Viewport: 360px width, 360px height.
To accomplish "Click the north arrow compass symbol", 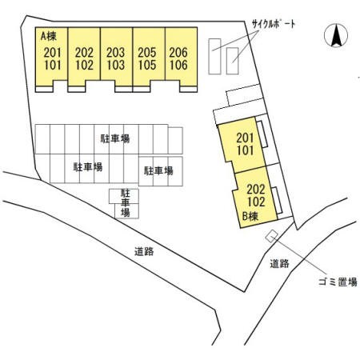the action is [336, 35].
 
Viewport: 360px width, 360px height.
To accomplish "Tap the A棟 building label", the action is [49, 36].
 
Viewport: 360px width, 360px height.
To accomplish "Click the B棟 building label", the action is [250, 216].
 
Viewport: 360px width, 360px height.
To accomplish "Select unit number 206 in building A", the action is [178, 53].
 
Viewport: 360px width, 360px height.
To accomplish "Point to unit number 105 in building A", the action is [147, 65].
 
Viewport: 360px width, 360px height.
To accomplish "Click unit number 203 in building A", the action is [115, 53].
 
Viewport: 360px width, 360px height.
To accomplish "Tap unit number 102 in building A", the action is [84, 65].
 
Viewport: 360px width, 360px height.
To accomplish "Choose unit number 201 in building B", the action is [245, 138].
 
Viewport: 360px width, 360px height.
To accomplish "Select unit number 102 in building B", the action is [256, 202].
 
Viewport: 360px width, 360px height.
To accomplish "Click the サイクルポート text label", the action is [274, 25].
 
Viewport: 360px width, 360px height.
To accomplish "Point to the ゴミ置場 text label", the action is [338, 282].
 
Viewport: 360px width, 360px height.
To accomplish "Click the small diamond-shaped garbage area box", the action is [272, 236].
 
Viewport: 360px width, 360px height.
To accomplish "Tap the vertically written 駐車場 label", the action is [126, 202].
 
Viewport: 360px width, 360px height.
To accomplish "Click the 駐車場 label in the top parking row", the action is [115, 138].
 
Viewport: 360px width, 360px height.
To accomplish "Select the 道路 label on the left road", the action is [144, 251].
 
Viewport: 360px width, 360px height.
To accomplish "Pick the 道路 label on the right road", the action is [279, 263].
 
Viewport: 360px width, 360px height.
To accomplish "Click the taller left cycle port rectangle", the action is [214, 56].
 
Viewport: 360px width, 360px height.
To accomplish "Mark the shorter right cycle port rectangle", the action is [232, 61].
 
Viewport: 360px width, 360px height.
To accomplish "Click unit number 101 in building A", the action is [53, 65].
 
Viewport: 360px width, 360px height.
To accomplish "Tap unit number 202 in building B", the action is [256, 190].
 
